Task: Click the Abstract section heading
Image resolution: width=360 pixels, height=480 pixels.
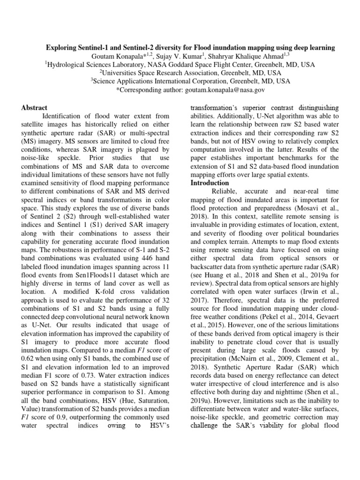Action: (x=34, y=108)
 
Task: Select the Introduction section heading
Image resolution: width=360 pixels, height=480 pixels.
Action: (x=210, y=183)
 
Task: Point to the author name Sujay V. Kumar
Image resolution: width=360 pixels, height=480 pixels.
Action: (x=189, y=56)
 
